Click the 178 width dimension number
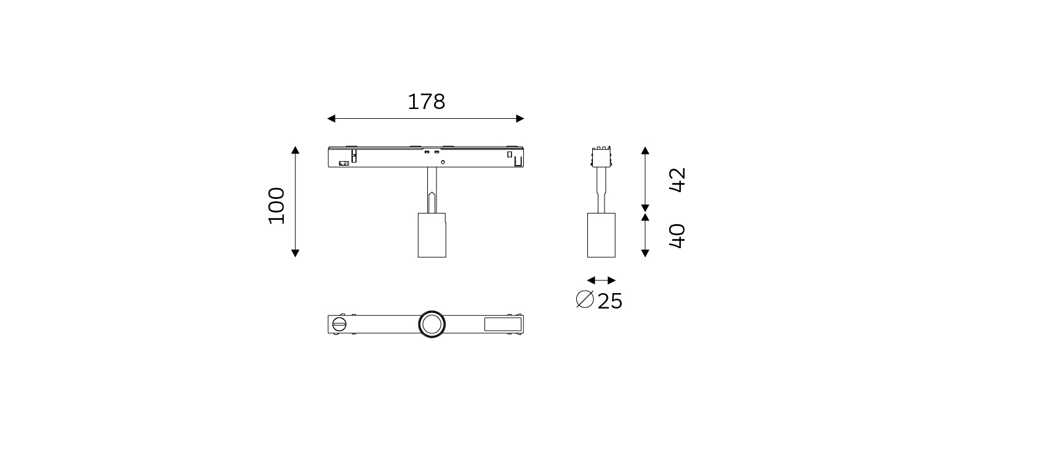pos(426,102)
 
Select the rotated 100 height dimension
pos(277,206)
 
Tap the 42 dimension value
pos(677,180)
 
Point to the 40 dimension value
pos(677,236)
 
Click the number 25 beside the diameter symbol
pos(610,301)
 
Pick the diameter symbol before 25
pos(584,299)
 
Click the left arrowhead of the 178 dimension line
pos(331,118)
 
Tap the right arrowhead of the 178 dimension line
pos(520,118)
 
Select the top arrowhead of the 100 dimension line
pos(295,150)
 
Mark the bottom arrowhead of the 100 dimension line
pos(295,253)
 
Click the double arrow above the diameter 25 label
pos(601,280)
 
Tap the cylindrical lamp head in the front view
pos(432,235)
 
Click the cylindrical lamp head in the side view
pos(601,235)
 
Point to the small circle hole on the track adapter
pos(443,162)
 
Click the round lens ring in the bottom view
pos(432,324)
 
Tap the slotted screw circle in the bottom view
pos(339,324)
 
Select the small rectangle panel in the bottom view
pos(502,324)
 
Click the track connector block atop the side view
pos(601,156)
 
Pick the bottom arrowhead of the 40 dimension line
pos(645,253)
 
